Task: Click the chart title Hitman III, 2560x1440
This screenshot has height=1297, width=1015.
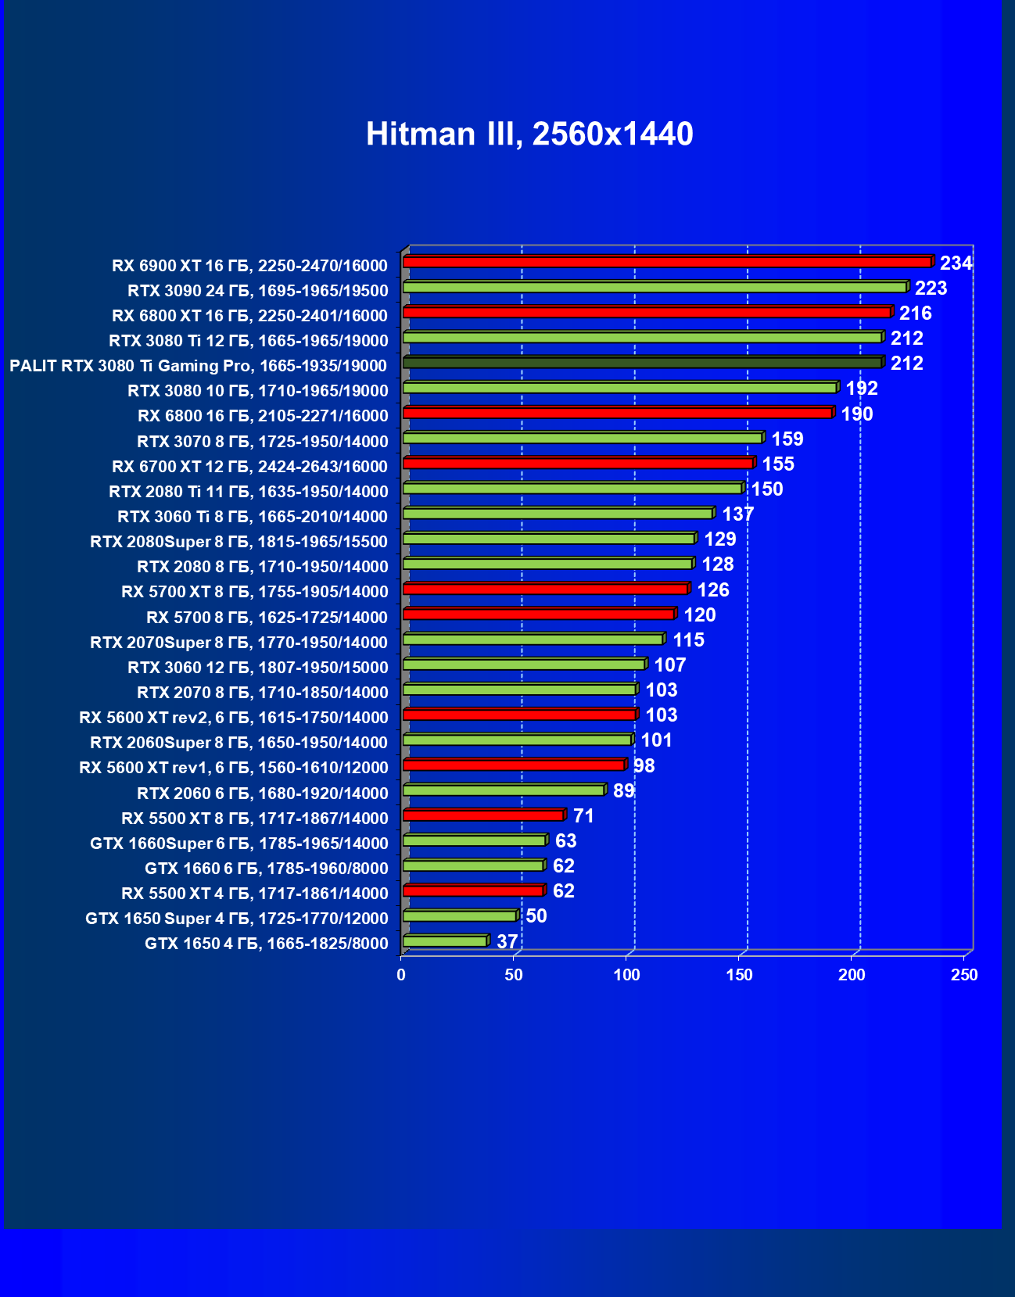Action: point(529,134)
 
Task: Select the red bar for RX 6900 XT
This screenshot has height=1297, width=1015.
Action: point(667,262)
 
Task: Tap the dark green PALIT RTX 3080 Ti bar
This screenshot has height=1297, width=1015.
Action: point(642,363)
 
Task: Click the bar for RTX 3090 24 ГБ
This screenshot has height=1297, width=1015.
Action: point(655,288)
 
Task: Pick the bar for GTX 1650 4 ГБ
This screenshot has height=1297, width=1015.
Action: point(445,941)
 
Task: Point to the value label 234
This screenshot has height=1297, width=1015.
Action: point(956,263)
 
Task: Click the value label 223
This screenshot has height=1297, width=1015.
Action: point(931,288)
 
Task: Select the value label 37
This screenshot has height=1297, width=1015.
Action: point(507,942)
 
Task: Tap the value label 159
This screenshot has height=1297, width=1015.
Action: point(787,439)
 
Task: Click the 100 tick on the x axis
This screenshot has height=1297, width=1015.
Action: point(626,975)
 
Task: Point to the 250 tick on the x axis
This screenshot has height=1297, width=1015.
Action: point(964,975)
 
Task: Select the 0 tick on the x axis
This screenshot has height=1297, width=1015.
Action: point(401,975)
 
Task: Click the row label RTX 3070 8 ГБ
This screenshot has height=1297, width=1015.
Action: point(262,442)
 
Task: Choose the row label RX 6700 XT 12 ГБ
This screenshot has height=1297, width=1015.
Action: point(249,467)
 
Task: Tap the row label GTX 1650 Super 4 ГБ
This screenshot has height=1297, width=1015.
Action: point(236,919)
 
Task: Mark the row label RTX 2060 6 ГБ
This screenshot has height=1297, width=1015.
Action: point(262,794)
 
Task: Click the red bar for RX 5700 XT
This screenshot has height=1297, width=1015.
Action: point(545,589)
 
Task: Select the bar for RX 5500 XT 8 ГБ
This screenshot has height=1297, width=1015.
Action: point(483,815)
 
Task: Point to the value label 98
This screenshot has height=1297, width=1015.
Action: point(644,766)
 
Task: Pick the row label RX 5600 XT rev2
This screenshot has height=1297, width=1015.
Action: point(233,718)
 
